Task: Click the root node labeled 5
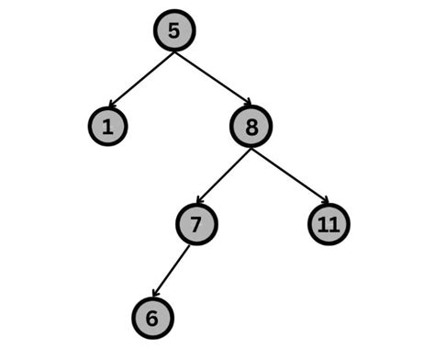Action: (x=173, y=32)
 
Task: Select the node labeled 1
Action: (x=108, y=127)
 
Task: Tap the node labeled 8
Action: (x=251, y=127)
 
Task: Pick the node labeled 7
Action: (x=196, y=223)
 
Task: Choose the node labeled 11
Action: (x=329, y=223)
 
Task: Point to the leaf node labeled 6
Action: (x=152, y=318)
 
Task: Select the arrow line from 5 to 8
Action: (x=211, y=78)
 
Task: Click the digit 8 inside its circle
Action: (x=251, y=127)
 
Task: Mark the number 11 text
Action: (x=329, y=223)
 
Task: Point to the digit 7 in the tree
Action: (x=196, y=223)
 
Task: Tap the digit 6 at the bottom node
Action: (x=152, y=318)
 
